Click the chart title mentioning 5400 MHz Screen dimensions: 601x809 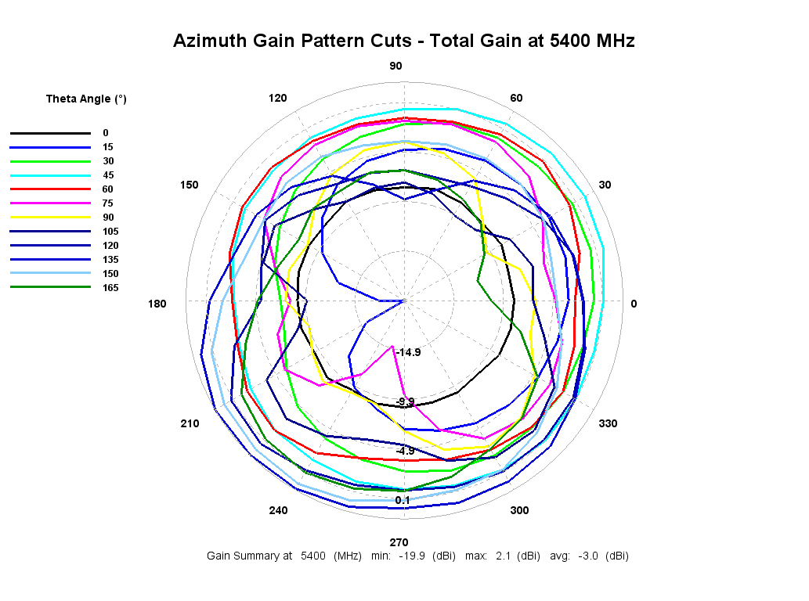click(403, 41)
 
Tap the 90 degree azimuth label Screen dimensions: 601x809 click(396, 66)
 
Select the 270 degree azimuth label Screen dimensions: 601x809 click(399, 542)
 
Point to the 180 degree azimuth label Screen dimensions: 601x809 click(157, 304)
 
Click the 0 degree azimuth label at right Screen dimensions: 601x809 click(634, 304)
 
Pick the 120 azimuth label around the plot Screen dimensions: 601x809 click(277, 98)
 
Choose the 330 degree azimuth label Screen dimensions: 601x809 click(608, 423)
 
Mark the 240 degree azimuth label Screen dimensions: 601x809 click(278, 510)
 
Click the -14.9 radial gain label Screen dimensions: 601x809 click(407, 352)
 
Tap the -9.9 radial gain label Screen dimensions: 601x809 click(405, 401)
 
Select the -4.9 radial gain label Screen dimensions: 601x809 click(405, 451)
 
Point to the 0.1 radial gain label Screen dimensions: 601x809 click(403, 500)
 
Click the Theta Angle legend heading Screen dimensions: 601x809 click(86, 99)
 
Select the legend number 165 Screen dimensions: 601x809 click(110, 288)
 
